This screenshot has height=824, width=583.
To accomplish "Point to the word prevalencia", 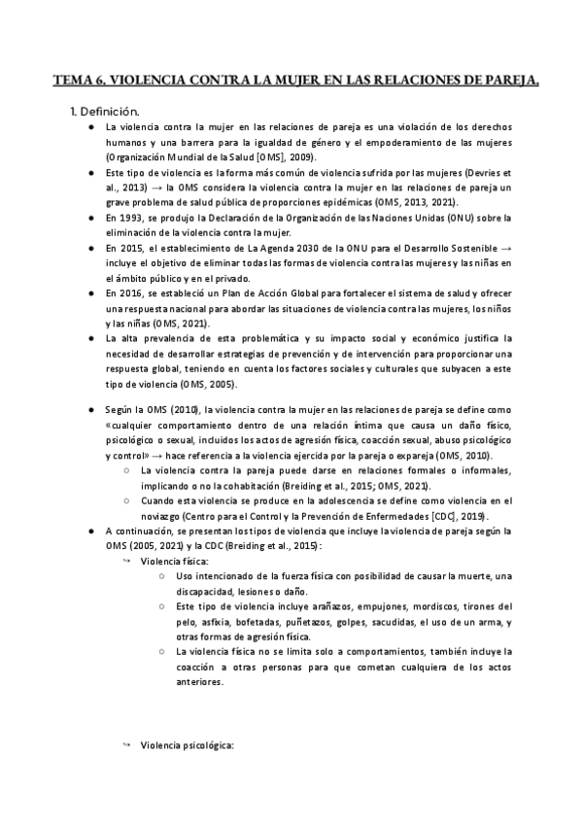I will click(x=163, y=337).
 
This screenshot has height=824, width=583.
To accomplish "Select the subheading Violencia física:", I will click(x=174, y=562).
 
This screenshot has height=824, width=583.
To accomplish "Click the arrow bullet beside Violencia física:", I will click(x=126, y=562).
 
